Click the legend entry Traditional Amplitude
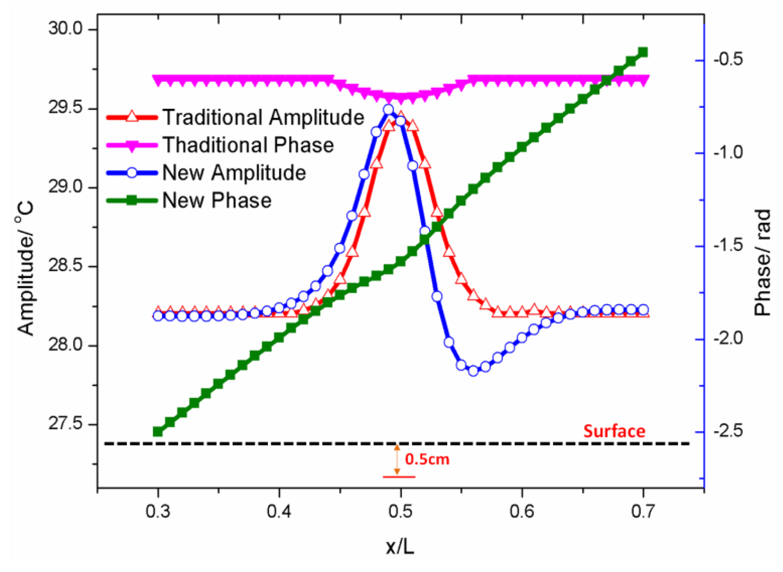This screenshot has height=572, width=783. tap(263, 118)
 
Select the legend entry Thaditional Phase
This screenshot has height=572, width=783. tap(248, 145)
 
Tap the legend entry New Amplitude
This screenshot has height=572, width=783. tap(234, 173)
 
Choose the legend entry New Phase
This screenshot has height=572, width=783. tap(217, 200)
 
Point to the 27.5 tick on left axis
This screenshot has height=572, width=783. tap(66, 424)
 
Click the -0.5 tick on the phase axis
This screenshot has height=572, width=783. tap(728, 60)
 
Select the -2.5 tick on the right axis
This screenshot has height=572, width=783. tap(728, 431)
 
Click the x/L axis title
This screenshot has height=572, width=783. tap(400, 547)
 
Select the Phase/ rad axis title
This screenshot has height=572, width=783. tap(762, 263)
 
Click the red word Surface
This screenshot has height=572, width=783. tap(614, 431)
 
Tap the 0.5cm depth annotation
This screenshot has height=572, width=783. tap(427, 460)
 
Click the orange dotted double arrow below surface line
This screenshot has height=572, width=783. tap(397, 459)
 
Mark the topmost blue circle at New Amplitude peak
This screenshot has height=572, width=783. tap(388, 110)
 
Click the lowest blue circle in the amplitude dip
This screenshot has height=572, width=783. tap(473, 371)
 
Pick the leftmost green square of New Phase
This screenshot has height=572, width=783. tap(158, 431)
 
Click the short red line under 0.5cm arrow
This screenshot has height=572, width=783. tap(399, 477)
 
